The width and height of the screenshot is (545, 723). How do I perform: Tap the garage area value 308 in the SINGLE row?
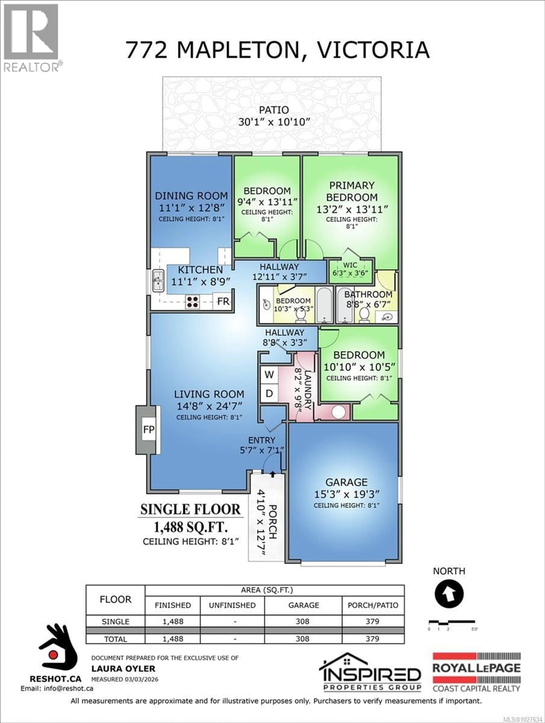[303, 621]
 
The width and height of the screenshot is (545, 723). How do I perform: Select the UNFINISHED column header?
[232, 605]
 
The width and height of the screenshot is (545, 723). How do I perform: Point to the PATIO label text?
[274, 110]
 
